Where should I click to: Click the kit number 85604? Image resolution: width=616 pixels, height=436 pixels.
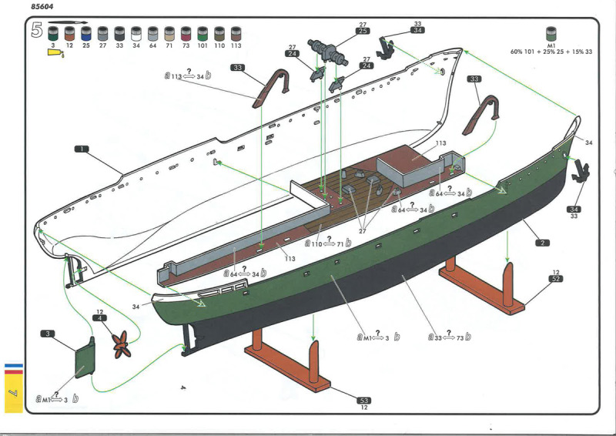pyautogui.click(x=45, y=8)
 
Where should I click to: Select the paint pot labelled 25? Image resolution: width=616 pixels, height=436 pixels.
pyautogui.click(x=85, y=34)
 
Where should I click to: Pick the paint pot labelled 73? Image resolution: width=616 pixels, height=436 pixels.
pyautogui.click(x=186, y=34)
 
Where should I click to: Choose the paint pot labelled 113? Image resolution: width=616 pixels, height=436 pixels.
pyautogui.click(x=236, y=34)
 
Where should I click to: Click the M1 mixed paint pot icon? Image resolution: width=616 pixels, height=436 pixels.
pyautogui.click(x=551, y=34)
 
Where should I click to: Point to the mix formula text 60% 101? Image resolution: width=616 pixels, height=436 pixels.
pyautogui.click(x=526, y=52)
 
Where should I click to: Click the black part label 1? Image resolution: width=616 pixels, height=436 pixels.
pyautogui.click(x=82, y=147)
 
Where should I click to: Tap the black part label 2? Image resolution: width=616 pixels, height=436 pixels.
pyautogui.click(x=543, y=243)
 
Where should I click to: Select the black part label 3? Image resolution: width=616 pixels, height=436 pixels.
pyautogui.click(x=48, y=334)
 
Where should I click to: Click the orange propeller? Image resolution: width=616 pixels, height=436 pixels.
pyautogui.click(x=120, y=343)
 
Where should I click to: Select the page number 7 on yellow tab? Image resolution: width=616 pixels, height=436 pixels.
pyautogui.click(x=13, y=394)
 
